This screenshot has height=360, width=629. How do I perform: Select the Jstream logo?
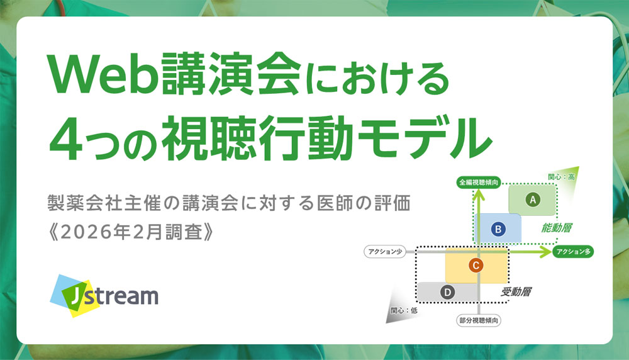click(x=106, y=295)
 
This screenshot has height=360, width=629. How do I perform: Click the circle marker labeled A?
click(x=533, y=200)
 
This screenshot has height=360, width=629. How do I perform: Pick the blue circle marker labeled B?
click(x=497, y=230)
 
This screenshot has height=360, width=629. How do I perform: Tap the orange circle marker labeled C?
click(x=476, y=266)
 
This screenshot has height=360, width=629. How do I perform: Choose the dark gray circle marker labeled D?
click(x=447, y=292)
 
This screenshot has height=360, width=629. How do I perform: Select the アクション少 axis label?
click(x=384, y=252)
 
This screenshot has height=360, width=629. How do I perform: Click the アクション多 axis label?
click(x=573, y=252)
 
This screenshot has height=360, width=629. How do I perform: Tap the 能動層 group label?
click(x=560, y=227)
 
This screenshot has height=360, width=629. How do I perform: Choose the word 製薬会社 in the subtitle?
click(x=79, y=203)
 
